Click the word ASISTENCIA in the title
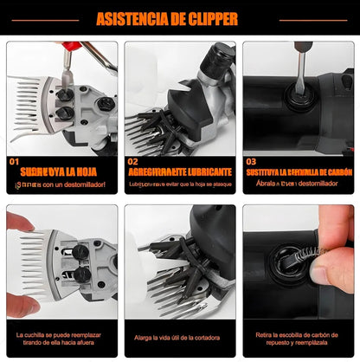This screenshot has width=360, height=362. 134,18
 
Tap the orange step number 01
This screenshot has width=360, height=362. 13,161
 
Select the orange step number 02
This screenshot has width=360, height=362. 132,161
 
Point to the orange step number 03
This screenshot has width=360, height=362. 251,161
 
